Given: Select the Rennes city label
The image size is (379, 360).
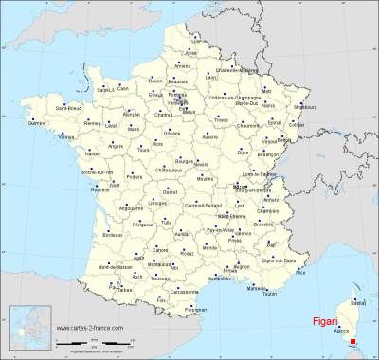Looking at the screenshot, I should click(94, 121).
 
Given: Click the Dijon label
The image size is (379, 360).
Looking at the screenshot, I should click(244, 151).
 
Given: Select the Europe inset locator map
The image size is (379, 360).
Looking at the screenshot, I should click(27, 330).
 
